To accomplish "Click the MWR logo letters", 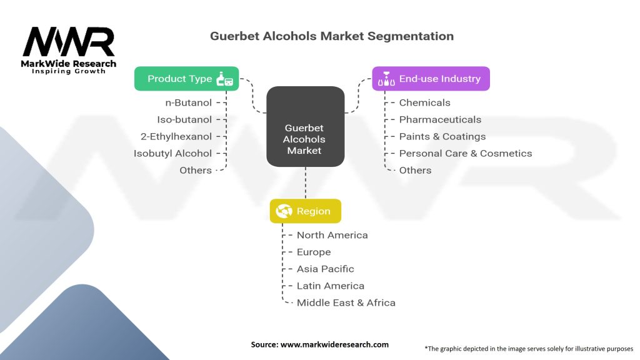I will click(69, 42).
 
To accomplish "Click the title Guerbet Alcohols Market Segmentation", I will click(332, 36).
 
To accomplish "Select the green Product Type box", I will click(186, 79).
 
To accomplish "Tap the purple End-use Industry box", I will click(431, 79).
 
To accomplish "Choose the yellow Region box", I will click(305, 211).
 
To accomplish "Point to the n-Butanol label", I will click(188, 102).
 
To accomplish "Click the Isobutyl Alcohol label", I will click(172, 153).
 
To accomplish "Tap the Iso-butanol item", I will click(184, 119).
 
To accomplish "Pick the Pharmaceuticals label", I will click(440, 119).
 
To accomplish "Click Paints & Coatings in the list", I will click(442, 136).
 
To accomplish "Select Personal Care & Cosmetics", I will click(465, 153).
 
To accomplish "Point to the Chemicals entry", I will click(424, 102).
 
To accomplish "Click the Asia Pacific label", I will click(325, 269).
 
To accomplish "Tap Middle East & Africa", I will click(346, 302).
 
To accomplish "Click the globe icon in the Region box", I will click(284, 211).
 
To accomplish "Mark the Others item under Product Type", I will click(195, 170).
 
